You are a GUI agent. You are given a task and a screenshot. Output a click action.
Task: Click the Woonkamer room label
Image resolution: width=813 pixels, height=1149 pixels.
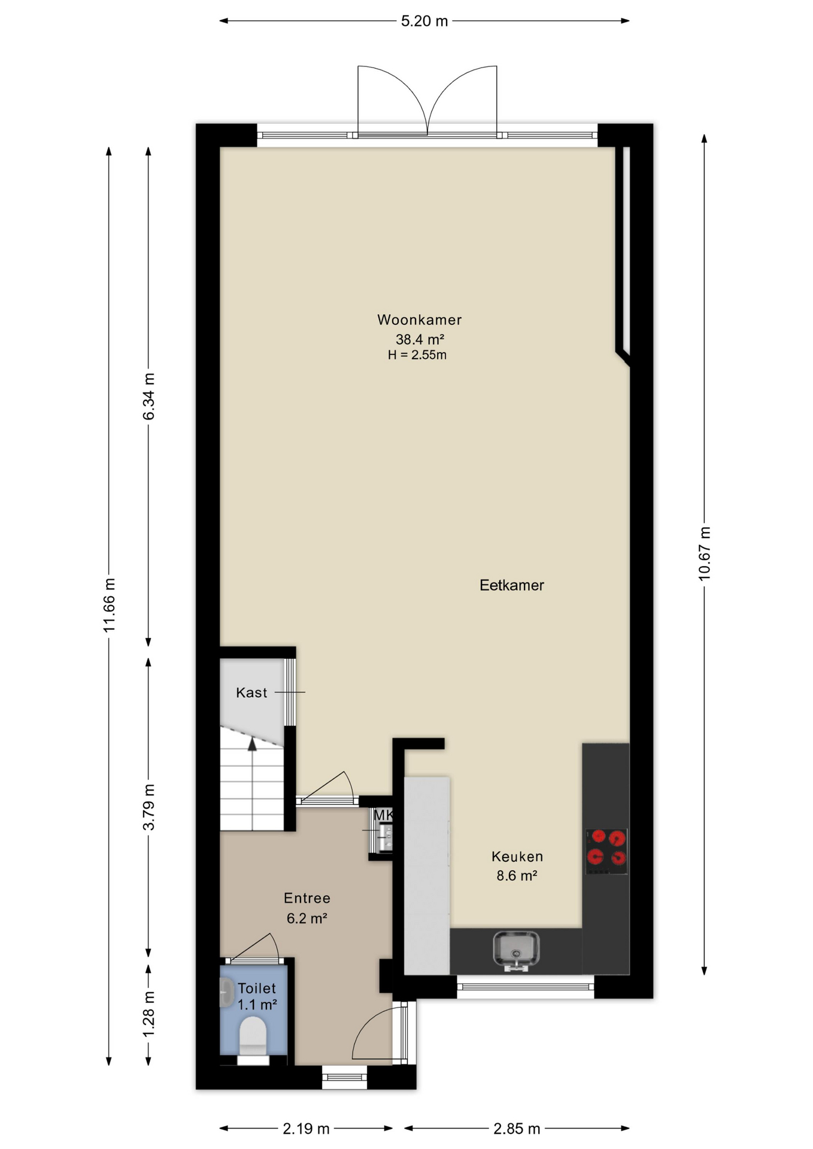(x=419, y=320)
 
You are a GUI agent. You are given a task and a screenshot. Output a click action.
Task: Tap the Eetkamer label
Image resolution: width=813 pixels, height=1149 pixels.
(x=512, y=585)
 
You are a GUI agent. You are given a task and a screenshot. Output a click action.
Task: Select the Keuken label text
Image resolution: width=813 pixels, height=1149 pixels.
(x=517, y=856)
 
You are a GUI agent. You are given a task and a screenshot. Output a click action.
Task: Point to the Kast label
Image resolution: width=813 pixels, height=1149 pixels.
(x=251, y=692)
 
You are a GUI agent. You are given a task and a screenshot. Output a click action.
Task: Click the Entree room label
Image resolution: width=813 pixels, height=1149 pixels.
(x=307, y=898)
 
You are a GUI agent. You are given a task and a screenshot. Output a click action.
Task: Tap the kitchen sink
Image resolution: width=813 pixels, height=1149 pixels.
(x=516, y=951)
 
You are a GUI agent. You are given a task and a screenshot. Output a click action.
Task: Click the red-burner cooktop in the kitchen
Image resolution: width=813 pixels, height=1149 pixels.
(x=606, y=850)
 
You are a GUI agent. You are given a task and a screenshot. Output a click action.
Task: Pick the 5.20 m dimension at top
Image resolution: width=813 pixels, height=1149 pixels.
(x=424, y=21)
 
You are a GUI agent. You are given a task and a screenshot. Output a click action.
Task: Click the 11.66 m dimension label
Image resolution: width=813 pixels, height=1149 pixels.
(x=109, y=605)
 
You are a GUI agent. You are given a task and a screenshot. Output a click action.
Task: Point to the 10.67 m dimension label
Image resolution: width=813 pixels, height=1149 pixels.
(x=705, y=553)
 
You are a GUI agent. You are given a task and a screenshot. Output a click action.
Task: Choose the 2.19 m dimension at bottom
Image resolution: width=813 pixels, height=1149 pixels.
(x=306, y=1129)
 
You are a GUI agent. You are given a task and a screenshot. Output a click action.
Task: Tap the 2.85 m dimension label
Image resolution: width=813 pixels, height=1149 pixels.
(x=517, y=1129)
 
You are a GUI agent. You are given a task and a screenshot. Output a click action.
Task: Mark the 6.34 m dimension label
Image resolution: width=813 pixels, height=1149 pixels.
(x=148, y=396)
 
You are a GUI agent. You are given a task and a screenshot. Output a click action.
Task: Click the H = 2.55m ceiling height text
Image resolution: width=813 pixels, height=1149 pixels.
(x=417, y=355)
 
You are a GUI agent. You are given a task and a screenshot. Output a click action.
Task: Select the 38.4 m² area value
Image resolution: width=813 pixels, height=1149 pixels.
(x=420, y=339)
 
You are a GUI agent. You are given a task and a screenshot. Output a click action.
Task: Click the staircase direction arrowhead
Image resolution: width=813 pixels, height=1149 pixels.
(x=252, y=744)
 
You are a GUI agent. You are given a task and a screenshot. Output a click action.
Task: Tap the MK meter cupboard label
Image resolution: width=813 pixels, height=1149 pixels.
(x=383, y=815)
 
